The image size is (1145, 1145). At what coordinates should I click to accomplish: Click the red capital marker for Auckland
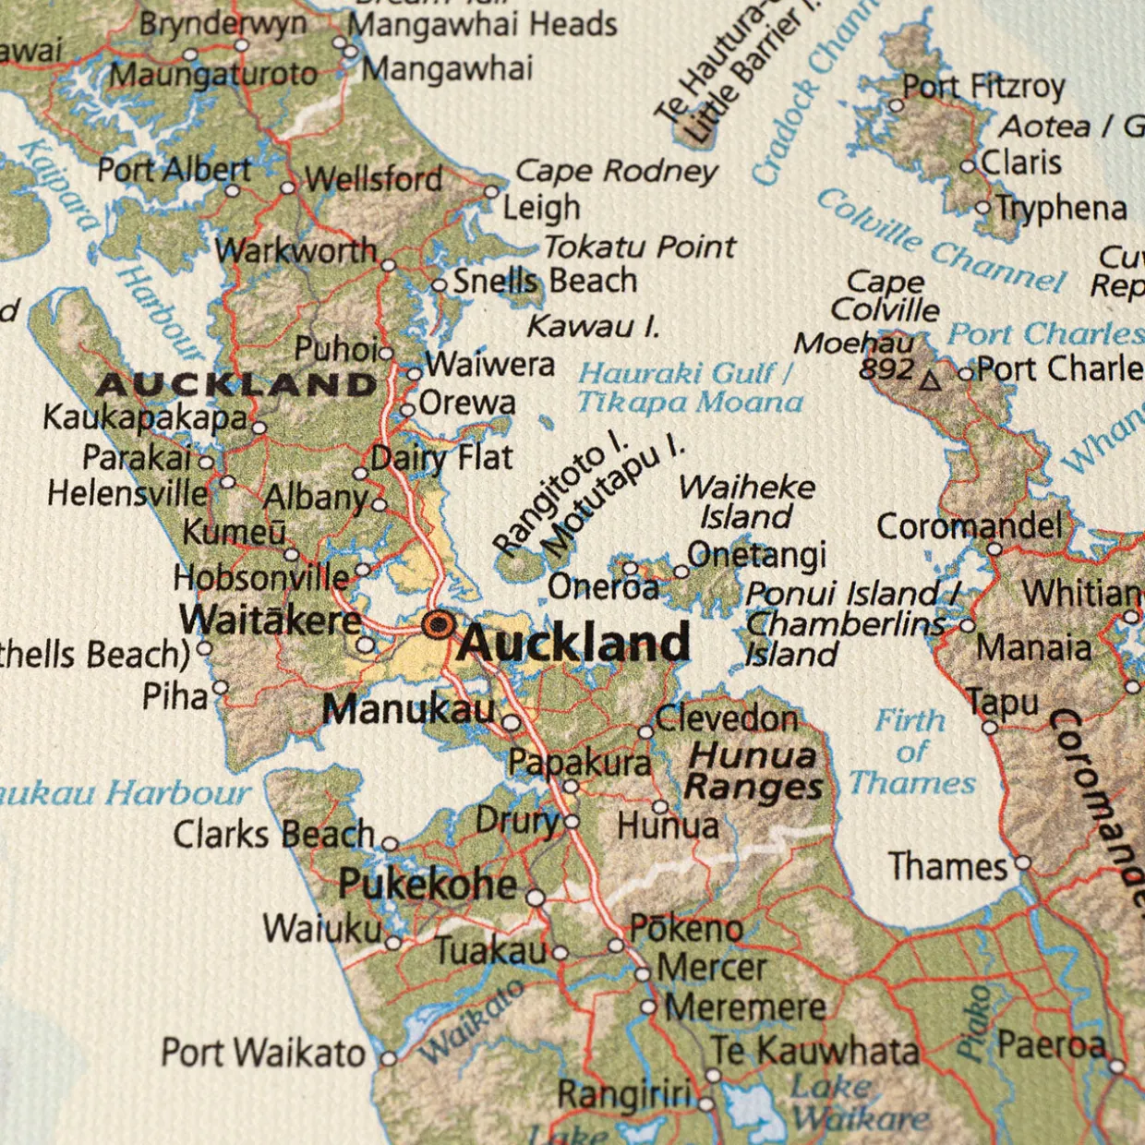(x=438, y=625)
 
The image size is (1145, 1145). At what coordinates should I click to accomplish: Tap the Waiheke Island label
(x=746, y=501)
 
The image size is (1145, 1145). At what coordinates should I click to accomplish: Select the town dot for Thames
(x=1023, y=863)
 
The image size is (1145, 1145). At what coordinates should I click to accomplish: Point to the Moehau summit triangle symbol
(x=931, y=380)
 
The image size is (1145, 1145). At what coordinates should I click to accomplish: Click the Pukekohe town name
(x=428, y=885)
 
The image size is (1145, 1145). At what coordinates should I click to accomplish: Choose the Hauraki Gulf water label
(x=689, y=388)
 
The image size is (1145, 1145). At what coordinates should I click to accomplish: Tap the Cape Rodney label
(x=616, y=171)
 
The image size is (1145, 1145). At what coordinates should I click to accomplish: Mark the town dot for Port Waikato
(x=389, y=1058)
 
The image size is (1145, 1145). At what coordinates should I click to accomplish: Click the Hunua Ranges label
(x=753, y=771)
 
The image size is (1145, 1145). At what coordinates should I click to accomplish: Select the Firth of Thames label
(x=911, y=751)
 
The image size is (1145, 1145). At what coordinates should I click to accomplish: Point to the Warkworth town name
(x=296, y=250)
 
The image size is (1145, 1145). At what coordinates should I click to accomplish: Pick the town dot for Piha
(x=220, y=688)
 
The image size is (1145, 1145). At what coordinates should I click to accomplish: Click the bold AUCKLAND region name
(x=237, y=384)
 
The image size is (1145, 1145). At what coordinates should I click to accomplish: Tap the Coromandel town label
(x=970, y=526)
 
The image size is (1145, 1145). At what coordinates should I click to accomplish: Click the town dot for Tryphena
(x=983, y=208)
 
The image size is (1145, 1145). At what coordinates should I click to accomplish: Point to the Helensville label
(x=127, y=493)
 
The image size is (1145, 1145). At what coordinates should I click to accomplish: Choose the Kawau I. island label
(x=593, y=326)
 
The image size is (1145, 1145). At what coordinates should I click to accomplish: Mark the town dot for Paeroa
(x=1117, y=1067)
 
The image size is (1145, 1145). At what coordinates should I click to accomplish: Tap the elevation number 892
(x=886, y=369)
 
